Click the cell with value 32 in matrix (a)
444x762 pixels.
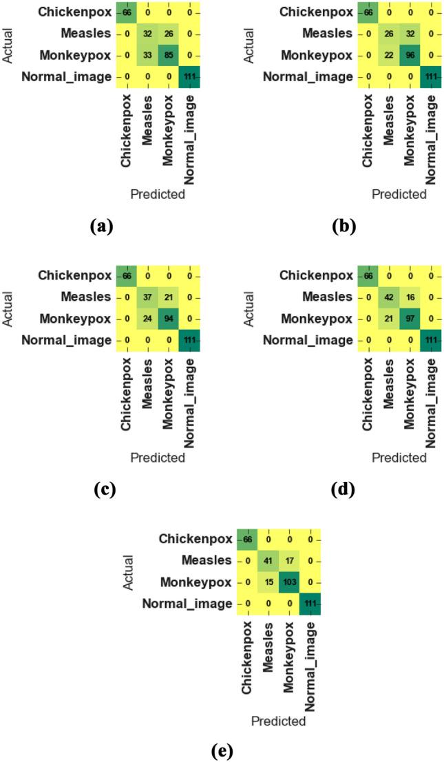pos(146,34)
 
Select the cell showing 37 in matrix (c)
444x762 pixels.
pos(146,297)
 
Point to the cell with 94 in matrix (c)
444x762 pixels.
pos(167,318)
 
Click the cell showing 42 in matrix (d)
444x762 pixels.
pos(388,297)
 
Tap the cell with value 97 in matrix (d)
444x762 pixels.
pos(409,318)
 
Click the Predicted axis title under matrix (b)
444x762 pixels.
pos(399,194)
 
